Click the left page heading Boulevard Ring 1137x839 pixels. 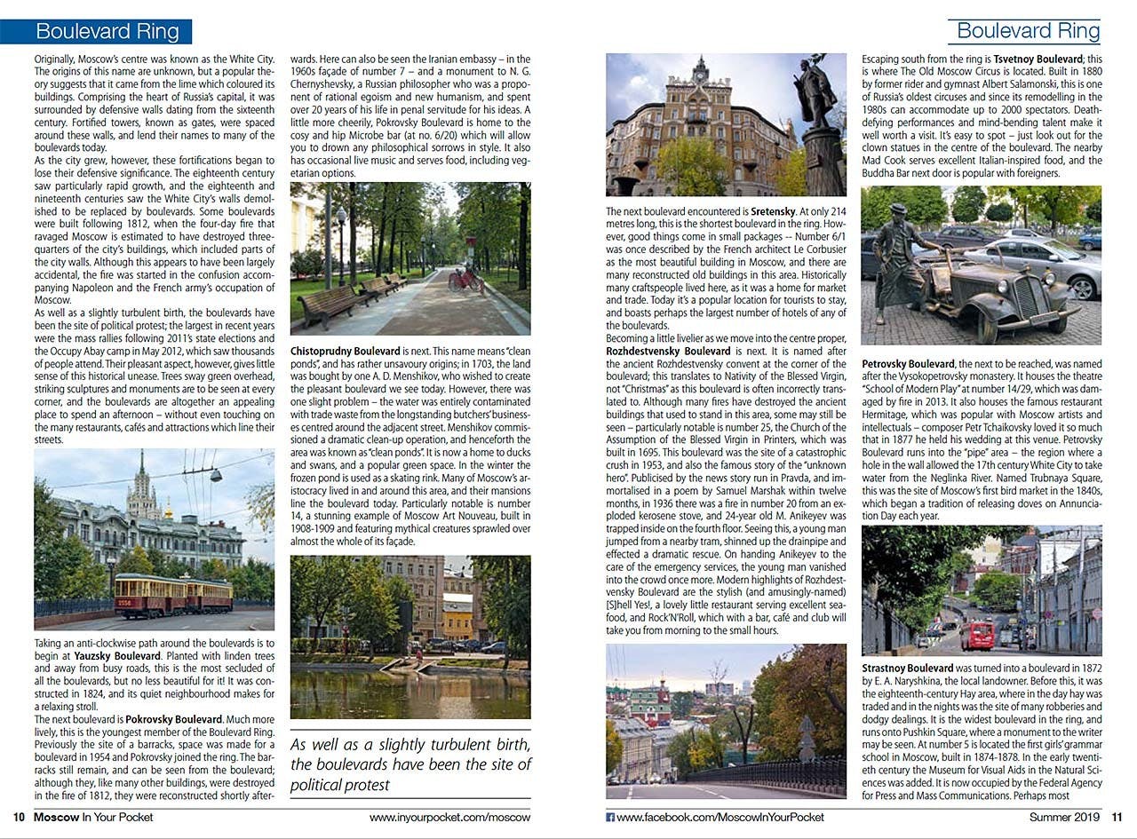click(107, 32)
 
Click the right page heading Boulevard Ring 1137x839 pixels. click(1028, 31)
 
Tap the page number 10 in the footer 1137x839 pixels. click(18, 818)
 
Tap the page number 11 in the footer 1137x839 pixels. click(1117, 818)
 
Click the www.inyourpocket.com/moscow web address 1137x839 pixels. click(449, 818)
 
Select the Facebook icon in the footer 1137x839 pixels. click(610, 818)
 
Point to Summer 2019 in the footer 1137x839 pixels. click(1064, 818)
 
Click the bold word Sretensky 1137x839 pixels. click(773, 212)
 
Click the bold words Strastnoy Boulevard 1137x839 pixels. click(907, 668)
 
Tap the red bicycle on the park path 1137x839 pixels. click(465, 279)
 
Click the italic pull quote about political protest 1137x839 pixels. click(410, 764)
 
